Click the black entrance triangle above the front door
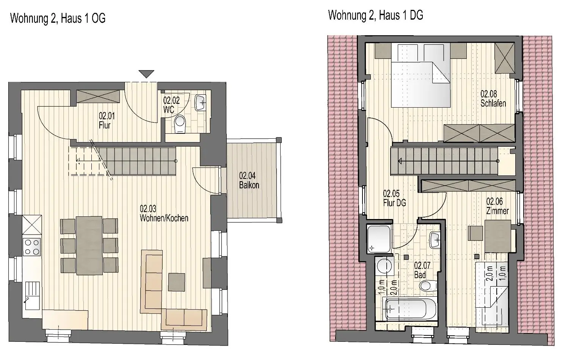146,74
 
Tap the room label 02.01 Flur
107,121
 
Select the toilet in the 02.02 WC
180,124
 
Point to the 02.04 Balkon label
249,180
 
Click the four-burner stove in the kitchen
32,247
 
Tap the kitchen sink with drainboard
32,296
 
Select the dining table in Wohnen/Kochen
89,246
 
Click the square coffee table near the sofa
176,282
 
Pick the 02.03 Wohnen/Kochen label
164,213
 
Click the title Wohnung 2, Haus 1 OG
58,18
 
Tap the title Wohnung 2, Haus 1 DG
375,15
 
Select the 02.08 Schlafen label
493,99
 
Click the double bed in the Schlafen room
421,75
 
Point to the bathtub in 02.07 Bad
410,309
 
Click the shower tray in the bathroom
379,239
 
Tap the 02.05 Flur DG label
394,198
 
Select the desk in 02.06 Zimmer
497,236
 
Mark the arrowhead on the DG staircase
400,161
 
